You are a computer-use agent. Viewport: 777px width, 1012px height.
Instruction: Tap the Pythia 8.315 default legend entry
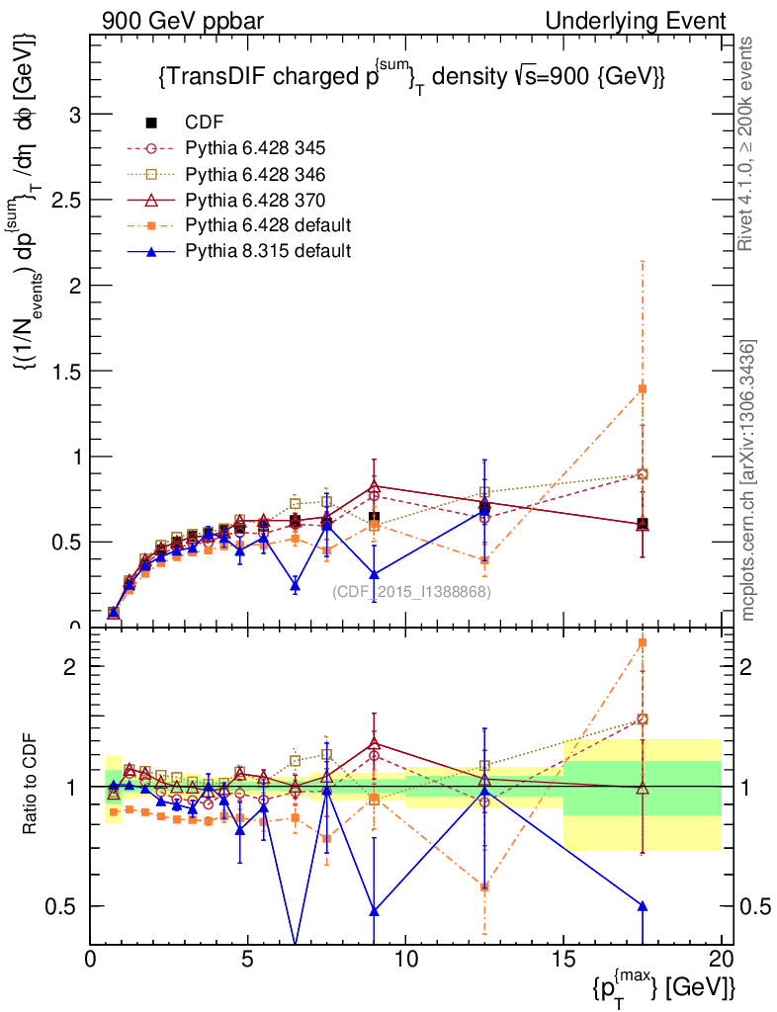[x=268, y=251]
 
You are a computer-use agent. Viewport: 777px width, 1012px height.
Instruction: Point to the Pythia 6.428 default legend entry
[x=268, y=225]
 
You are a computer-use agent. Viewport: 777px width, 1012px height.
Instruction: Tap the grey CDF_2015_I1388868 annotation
[x=412, y=592]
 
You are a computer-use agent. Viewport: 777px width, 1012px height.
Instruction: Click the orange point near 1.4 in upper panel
[x=643, y=388]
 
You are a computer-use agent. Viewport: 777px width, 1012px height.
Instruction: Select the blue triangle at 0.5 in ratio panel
[x=643, y=905]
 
